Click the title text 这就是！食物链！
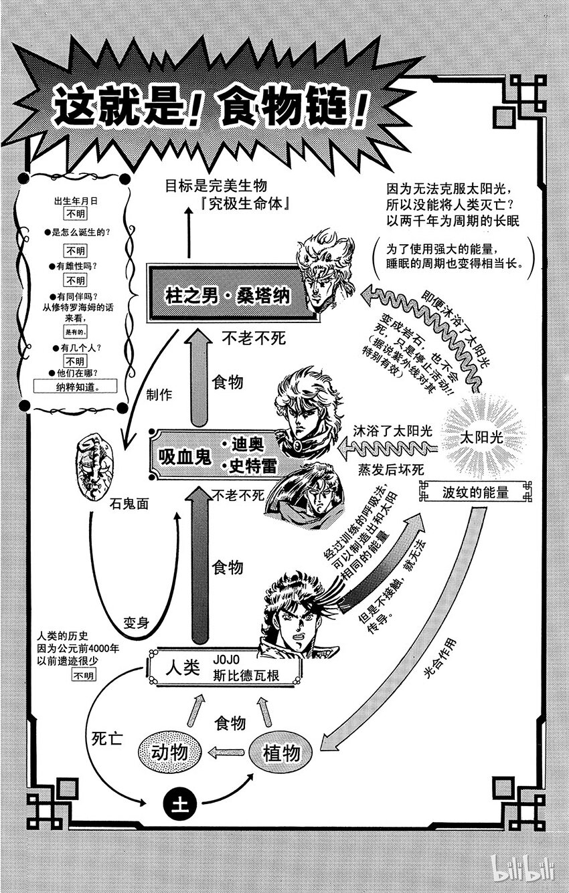(211, 107)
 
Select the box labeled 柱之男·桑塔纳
(228, 295)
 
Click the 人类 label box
(214, 667)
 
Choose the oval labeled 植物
(280, 753)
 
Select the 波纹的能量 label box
(475, 493)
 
